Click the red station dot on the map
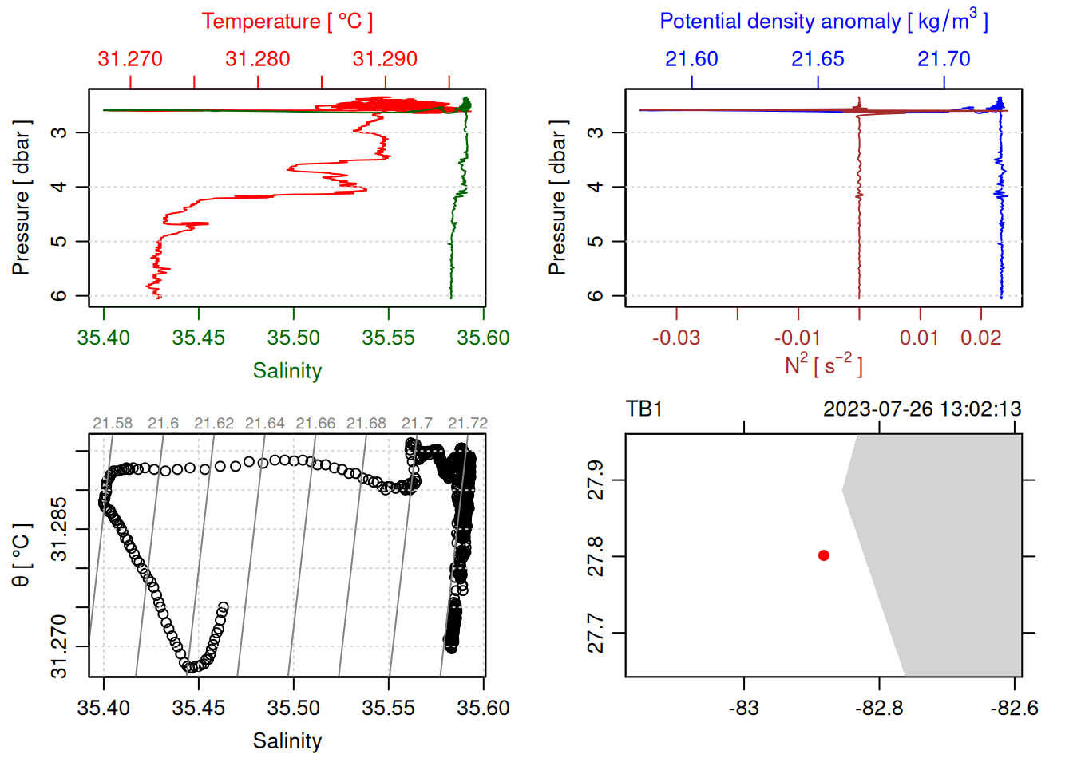(824, 555)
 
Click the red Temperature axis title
(287, 22)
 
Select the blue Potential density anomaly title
(823, 22)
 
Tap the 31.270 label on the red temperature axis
(130, 59)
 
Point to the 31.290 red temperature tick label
(385, 59)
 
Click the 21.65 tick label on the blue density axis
(818, 59)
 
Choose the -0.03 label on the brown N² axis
(675, 338)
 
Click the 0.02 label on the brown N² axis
(980, 338)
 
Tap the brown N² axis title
(823, 365)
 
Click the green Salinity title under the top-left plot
(287, 371)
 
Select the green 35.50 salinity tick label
(293, 338)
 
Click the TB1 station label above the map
(644, 409)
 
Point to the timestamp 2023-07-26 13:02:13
(922, 409)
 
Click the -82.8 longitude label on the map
(879, 708)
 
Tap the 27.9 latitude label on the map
(596, 480)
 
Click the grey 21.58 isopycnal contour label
(113, 424)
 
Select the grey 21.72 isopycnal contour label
(467, 424)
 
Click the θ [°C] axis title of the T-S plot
(21, 555)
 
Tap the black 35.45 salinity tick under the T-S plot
(198, 708)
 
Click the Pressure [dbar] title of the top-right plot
(557, 198)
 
